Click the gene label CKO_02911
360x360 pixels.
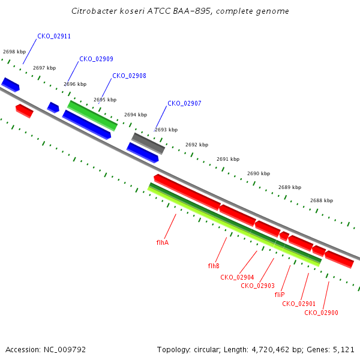(x=54, y=36)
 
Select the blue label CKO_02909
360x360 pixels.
(x=96, y=59)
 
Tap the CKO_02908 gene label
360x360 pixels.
(x=129, y=76)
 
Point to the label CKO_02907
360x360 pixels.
(x=184, y=103)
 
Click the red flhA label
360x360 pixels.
(x=163, y=242)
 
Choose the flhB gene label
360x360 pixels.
(x=214, y=266)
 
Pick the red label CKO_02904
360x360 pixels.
(x=237, y=277)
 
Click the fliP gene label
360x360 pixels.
(x=280, y=295)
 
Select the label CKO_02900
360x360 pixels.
(x=321, y=313)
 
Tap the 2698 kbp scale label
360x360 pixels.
(x=14, y=52)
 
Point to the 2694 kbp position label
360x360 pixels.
(x=136, y=115)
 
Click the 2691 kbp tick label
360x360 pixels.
(x=228, y=159)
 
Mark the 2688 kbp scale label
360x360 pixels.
(x=322, y=200)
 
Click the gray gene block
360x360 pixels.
(x=148, y=143)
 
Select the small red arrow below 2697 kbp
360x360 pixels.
(x=25, y=111)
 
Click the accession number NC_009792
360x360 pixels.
(x=65, y=350)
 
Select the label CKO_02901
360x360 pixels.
(x=299, y=304)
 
